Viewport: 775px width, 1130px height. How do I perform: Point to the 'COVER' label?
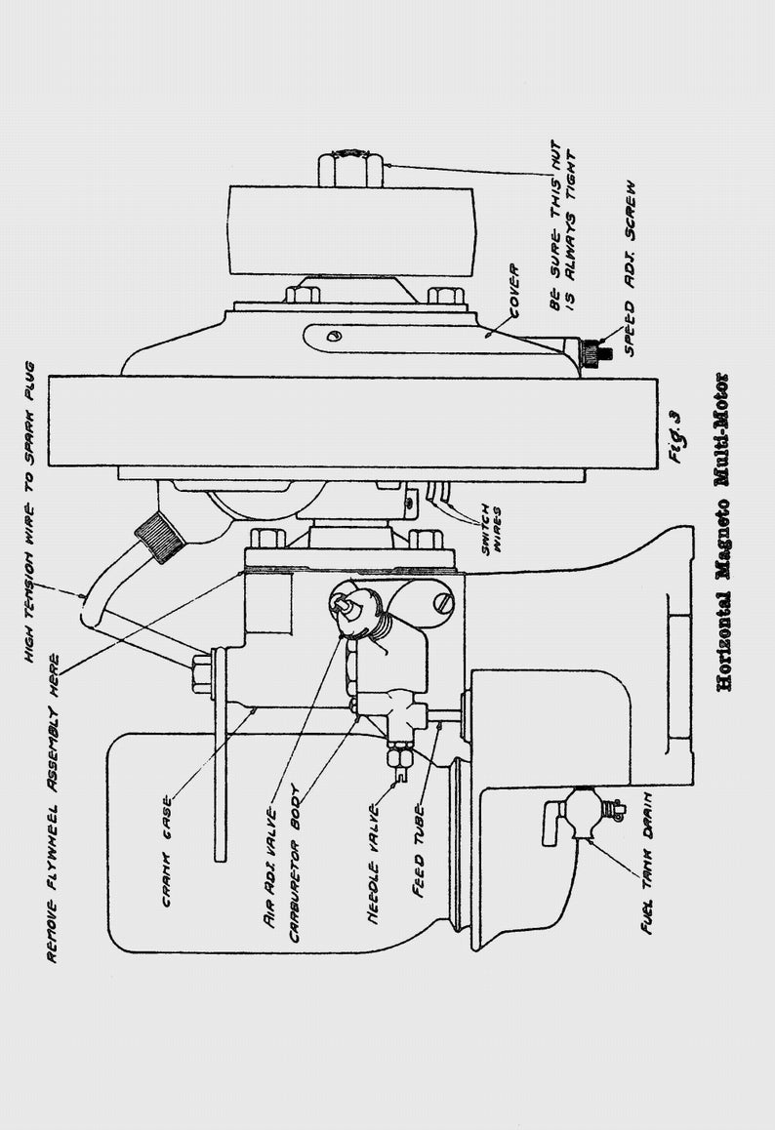click(514, 291)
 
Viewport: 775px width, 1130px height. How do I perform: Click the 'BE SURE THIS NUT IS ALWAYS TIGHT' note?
click(563, 225)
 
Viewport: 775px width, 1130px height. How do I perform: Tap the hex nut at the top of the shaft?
click(349, 168)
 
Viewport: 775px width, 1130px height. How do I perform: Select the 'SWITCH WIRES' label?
click(492, 529)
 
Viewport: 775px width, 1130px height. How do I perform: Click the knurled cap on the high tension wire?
click(159, 534)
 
